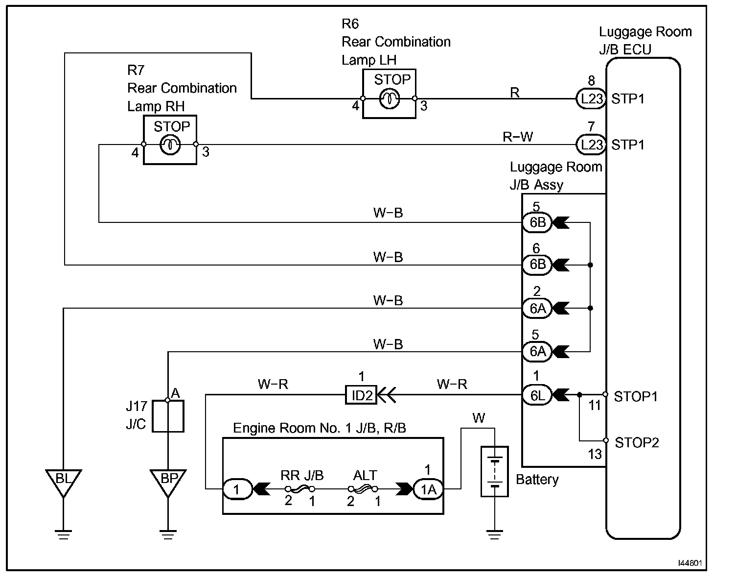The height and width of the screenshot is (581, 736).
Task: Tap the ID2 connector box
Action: pos(361,395)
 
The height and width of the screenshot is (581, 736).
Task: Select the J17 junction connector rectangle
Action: pos(168,416)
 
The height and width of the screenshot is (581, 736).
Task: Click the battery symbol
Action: pos(495,471)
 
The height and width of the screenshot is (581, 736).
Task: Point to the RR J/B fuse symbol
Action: pos(299,489)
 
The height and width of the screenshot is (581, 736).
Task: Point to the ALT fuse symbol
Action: pos(363,489)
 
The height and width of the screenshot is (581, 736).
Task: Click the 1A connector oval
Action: pos(428,489)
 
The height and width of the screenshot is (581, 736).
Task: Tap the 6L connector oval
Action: pos(537,395)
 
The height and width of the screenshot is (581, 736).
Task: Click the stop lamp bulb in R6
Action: pos(389,98)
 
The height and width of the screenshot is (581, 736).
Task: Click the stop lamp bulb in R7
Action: pos(170,145)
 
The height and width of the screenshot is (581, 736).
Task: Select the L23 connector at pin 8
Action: pos(591,98)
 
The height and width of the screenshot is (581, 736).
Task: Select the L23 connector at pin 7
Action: pos(591,145)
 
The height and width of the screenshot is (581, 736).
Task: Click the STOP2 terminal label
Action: pos(637,442)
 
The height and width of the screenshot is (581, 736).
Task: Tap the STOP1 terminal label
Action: pos(636,396)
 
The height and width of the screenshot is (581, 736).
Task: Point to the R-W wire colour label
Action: pos(517,137)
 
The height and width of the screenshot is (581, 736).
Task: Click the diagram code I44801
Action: pos(690,563)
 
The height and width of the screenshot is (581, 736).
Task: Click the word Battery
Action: pos(537,480)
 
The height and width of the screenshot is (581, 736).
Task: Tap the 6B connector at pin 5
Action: pos(537,222)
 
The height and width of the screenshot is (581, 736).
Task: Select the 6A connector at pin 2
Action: pos(537,309)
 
